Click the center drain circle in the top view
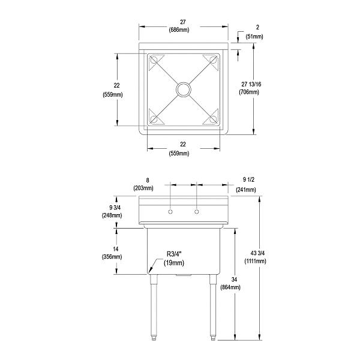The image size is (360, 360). [182, 89]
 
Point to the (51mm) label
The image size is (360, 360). [254, 37]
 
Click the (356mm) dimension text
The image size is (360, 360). [113, 257]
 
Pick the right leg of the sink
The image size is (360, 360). [212, 306]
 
